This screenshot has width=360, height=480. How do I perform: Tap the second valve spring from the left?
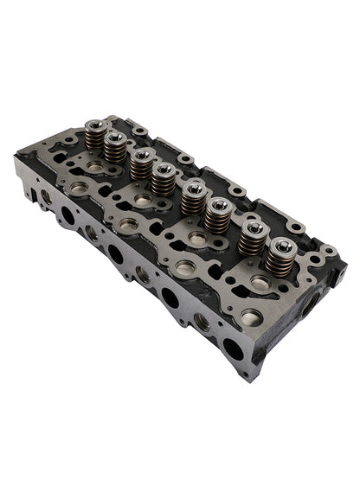tap(114, 144)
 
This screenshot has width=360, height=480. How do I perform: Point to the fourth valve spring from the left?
tap(162, 177)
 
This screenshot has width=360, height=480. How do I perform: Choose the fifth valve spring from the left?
tap(193, 196)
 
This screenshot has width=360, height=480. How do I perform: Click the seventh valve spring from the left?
tap(252, 236)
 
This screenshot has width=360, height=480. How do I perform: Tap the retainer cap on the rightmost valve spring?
tap(280, 246)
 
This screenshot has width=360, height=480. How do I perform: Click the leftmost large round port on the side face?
tap(66, 213)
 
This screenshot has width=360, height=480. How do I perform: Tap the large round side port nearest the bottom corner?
tap(232, 351)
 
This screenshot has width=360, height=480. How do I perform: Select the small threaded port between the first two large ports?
tap(91, 233)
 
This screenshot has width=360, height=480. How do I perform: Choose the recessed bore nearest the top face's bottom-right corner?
tap(251, 317)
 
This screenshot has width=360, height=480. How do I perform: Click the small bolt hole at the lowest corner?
tap(247, 374)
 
